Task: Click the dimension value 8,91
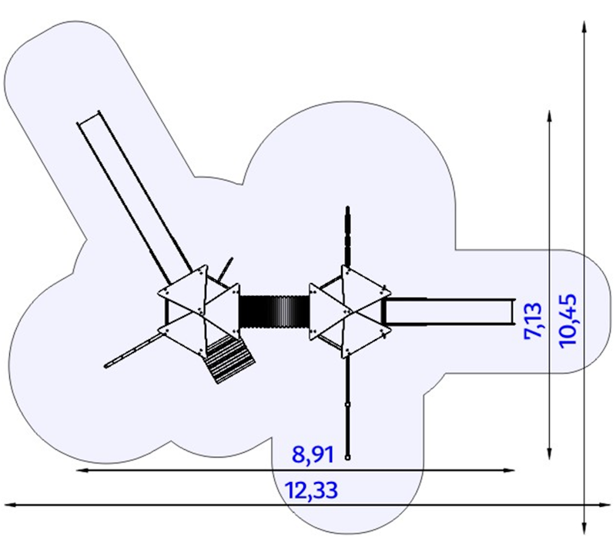[x=313, y=454]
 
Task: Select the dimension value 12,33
[x=312, y=489]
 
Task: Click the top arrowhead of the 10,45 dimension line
[x=584, y=25]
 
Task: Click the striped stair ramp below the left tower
[x=229, y=358]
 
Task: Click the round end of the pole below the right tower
[x=349, y=458]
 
